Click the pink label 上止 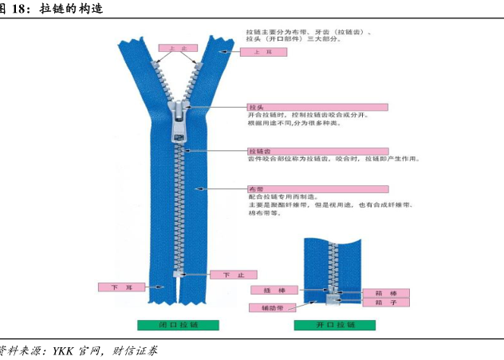[177, 48]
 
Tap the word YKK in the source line [65, 350]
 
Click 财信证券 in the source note [135, 350]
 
